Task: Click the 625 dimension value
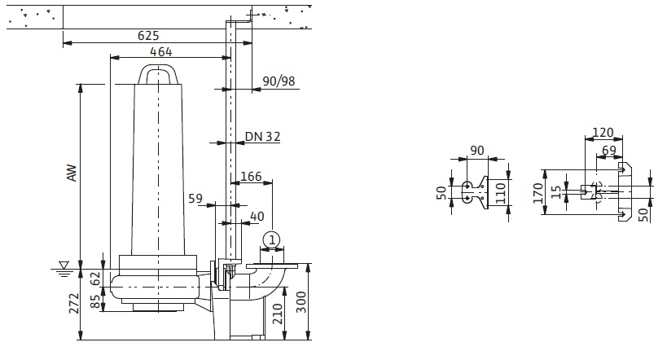click(147, 35)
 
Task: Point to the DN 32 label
click(262, 137)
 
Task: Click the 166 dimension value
click(252, 176)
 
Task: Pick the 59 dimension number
click(195, 197)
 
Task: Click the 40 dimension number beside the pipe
click(257, 216)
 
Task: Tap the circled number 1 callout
click(271, 239)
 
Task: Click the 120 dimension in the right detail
click(603, 132)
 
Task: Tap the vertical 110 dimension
click(500, 192)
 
